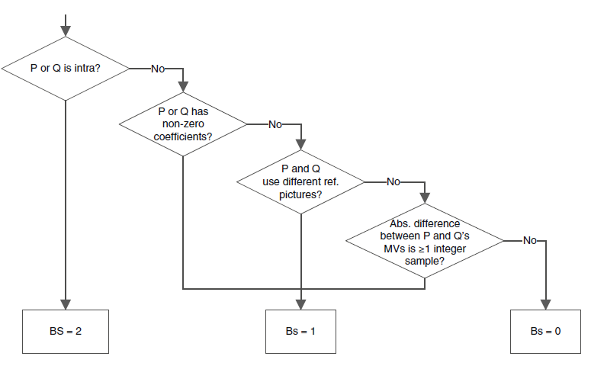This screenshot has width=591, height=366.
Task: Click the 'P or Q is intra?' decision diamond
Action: point(66,68)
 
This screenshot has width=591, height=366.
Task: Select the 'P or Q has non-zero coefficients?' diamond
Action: point(183,124)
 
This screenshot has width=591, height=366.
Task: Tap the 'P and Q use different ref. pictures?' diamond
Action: point(302,181)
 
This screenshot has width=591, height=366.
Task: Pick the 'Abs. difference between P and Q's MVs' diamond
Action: point(425,240)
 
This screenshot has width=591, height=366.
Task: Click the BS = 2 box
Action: point(66,332)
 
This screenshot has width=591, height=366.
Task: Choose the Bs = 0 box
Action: point(545,332)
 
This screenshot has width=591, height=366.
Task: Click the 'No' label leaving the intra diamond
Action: point(158,68)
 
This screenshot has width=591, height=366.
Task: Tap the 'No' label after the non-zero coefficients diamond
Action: point(275,124)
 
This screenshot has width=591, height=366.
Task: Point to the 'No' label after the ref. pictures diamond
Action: point(393,181)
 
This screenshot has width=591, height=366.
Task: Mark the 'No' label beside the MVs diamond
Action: point(530,240)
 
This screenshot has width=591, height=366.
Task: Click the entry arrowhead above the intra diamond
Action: point(66,31)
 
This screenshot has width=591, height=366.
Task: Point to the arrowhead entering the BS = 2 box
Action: point(66,304)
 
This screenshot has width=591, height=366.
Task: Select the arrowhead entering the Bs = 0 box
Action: point(545,304)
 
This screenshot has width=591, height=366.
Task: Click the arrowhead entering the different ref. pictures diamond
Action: point(302,145)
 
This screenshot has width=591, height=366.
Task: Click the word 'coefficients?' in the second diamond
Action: point(183,136)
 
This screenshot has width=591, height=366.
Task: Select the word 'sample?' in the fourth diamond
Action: point(425,260)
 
